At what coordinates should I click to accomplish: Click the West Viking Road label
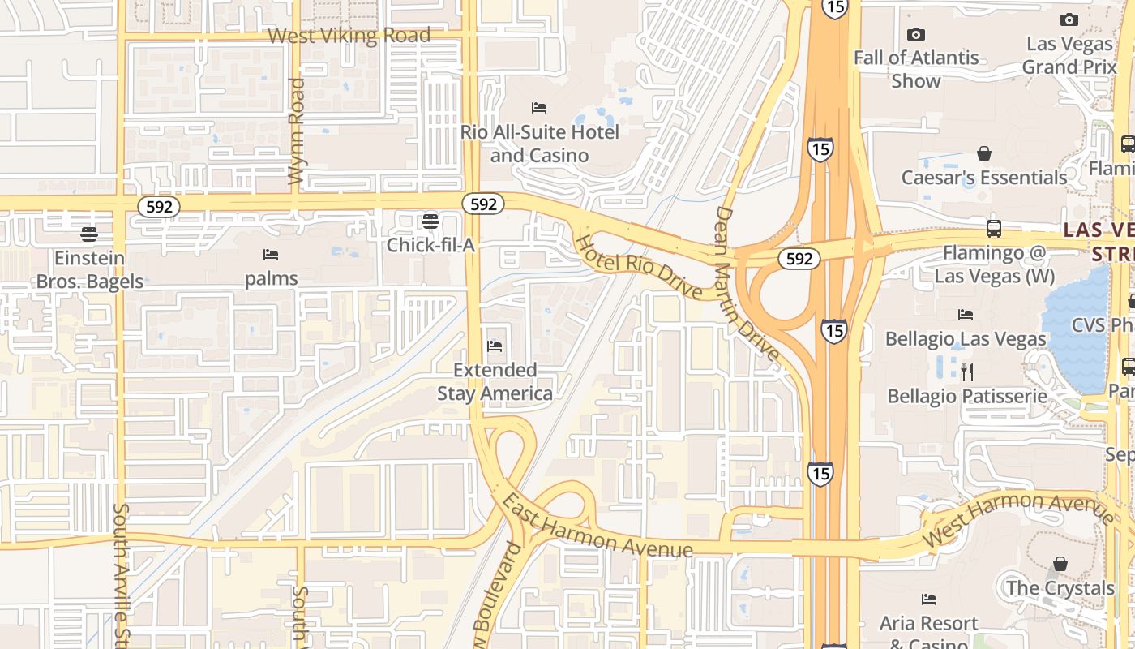pos(349,36)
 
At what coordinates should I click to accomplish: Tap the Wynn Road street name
pos(298,130)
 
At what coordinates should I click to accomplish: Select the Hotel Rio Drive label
pos(639,266)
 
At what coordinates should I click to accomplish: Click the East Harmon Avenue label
pos(597,526)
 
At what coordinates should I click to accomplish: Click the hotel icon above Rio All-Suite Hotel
pos(539,108)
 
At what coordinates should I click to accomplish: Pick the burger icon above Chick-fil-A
pos(430,221)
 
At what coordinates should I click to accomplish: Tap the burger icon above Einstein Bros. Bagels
pos(89,234)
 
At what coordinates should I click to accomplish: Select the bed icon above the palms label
pos(271,255)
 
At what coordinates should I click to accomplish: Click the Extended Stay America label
pos(495,382)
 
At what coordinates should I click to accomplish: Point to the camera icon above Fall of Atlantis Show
pos(916,34)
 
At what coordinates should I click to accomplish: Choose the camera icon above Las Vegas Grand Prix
pos(1069,19)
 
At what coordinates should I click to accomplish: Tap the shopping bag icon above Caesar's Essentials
pos(984,153)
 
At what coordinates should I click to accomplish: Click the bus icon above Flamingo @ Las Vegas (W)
pos(994,229)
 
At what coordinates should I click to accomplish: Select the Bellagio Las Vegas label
pos(954,338)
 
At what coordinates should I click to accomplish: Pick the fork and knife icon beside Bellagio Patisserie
pos(966,372)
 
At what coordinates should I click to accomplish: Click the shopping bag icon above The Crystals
pos(1060,564)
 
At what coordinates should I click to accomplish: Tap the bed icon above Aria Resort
pos(929,600)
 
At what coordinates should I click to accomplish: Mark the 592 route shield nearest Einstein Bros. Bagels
pos(159,207)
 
